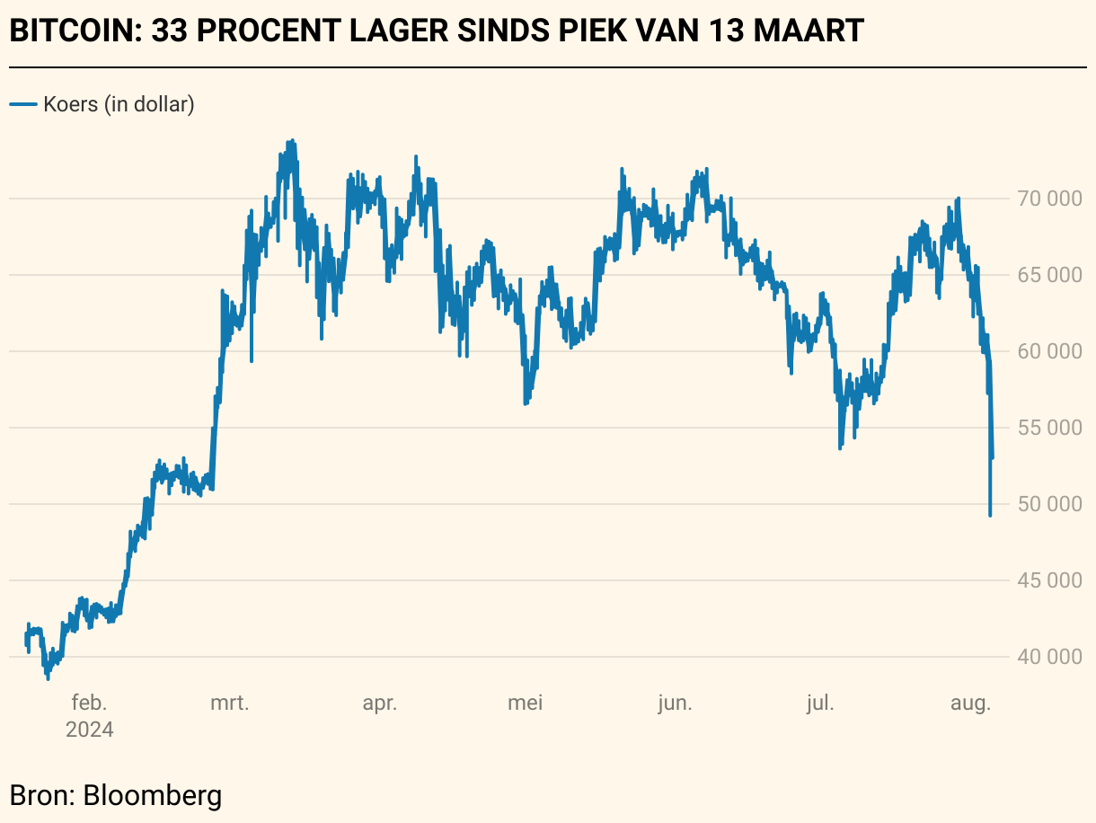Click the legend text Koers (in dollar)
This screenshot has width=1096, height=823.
click(119, 104)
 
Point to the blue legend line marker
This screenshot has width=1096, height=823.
click(22, 104)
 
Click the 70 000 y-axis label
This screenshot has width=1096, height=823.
click(1048, 199)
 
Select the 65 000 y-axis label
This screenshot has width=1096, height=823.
click(1048, 275)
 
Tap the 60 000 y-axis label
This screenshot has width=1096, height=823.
click(1048, 351)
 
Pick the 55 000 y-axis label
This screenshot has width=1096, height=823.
click(1048, 428)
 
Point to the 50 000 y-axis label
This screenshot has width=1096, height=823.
click(1048, 504)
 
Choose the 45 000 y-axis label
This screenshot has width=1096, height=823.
click(1048, 580)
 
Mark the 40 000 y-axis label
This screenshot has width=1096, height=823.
click(1048, 657)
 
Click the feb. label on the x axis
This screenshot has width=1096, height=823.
click(89, 703)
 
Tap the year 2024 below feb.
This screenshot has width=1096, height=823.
click(89, 730)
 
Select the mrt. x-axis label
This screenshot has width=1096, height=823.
click(230, 703)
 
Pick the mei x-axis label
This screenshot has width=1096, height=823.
click(525, 703)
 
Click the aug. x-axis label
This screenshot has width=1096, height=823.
click(970, 703)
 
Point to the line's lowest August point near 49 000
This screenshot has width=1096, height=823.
click(990, 515)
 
